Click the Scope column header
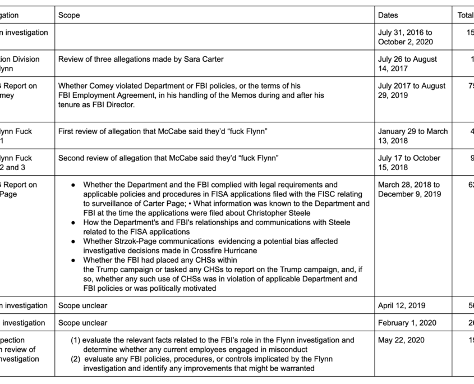click(x=69, y=15)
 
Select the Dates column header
click(x=388, y=15)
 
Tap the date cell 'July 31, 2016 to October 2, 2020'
click(x=405, y=37)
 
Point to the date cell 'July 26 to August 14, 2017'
click(x=407, y=63)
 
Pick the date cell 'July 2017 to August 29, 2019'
click(x=412, y=90)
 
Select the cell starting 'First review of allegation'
click(x=163, y=131)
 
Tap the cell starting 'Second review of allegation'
click(x=168, y=158)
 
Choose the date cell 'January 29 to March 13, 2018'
click(x=413, y=136)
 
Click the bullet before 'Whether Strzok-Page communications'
click(x=73, y=241)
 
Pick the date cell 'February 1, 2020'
click(x=405, y=323)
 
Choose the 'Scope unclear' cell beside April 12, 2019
click(x=82, y=305)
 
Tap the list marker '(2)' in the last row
click(x=76, y=359)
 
